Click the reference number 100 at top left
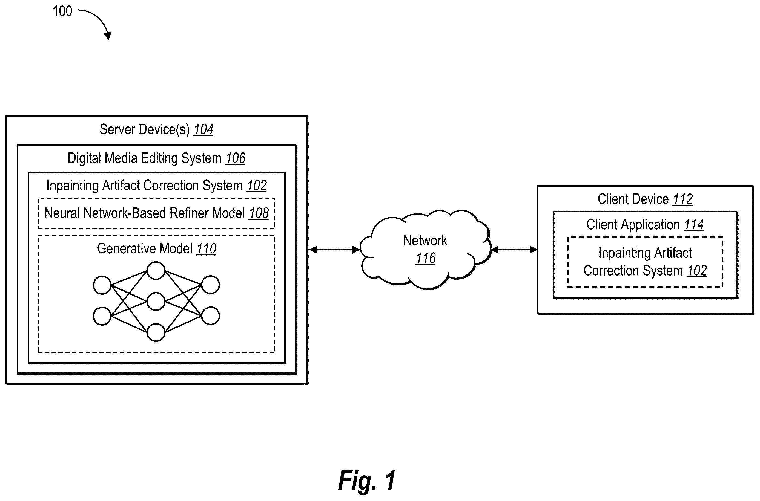click(x=62, y=11)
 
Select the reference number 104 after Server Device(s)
click(x=203, y=129)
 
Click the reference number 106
click(x=236, y=158)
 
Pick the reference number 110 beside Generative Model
click(x=206, y=248)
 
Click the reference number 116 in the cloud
click(x=426, y=258)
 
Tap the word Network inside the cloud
click(x=425, y=240)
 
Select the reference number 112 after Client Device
click(x=682, y=199)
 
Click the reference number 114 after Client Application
click(x=694, y=225)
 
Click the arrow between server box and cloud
click(x=334, y=250)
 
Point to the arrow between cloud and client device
click(x=514, y=250)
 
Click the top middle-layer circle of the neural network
click(x=156, y=271)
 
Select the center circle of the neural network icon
click(x=156, y=301)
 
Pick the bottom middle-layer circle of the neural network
click(x=156, y=332)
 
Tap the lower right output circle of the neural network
click(x=210, y=316)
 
